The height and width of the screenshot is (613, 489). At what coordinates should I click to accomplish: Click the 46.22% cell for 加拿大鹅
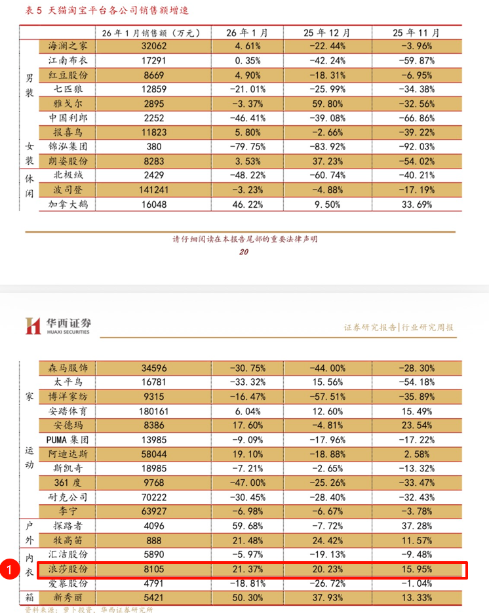click(x=246, y=204)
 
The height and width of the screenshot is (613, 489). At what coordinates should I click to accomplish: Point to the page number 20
click(x=244, y=252)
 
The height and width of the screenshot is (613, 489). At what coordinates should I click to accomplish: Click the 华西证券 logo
click(x=58, y=325)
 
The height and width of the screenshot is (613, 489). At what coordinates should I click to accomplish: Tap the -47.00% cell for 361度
click(x=246, y=483)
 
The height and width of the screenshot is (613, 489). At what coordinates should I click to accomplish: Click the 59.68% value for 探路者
click(x=246, y=526)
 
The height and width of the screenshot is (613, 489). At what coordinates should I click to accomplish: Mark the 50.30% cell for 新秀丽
click(x=246, y=598)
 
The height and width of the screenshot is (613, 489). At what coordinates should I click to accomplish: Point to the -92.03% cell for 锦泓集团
click(x=416, y=146)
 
